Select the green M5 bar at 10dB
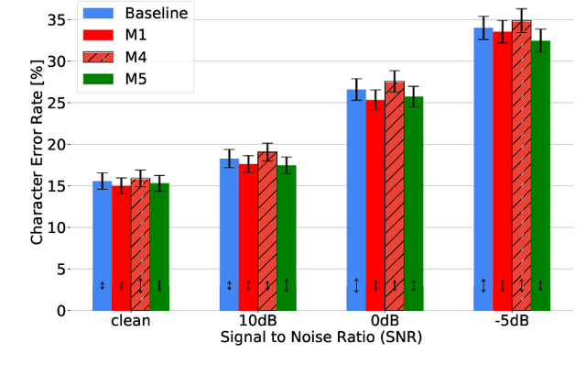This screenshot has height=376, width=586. click(x=287, y=238)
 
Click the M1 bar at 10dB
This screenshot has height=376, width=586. click(x=248, y=238)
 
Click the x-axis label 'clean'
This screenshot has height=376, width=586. click(x=130, y=322)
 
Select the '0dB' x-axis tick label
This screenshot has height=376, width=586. click(x=385, y=322)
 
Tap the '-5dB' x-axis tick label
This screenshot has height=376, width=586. click(x=512, y=322)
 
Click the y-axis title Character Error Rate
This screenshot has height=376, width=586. click(x=38, y=161)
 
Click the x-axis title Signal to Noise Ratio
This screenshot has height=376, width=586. click(x=321, y=337)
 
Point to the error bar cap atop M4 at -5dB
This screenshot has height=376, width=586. click(x=522, y=9)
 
